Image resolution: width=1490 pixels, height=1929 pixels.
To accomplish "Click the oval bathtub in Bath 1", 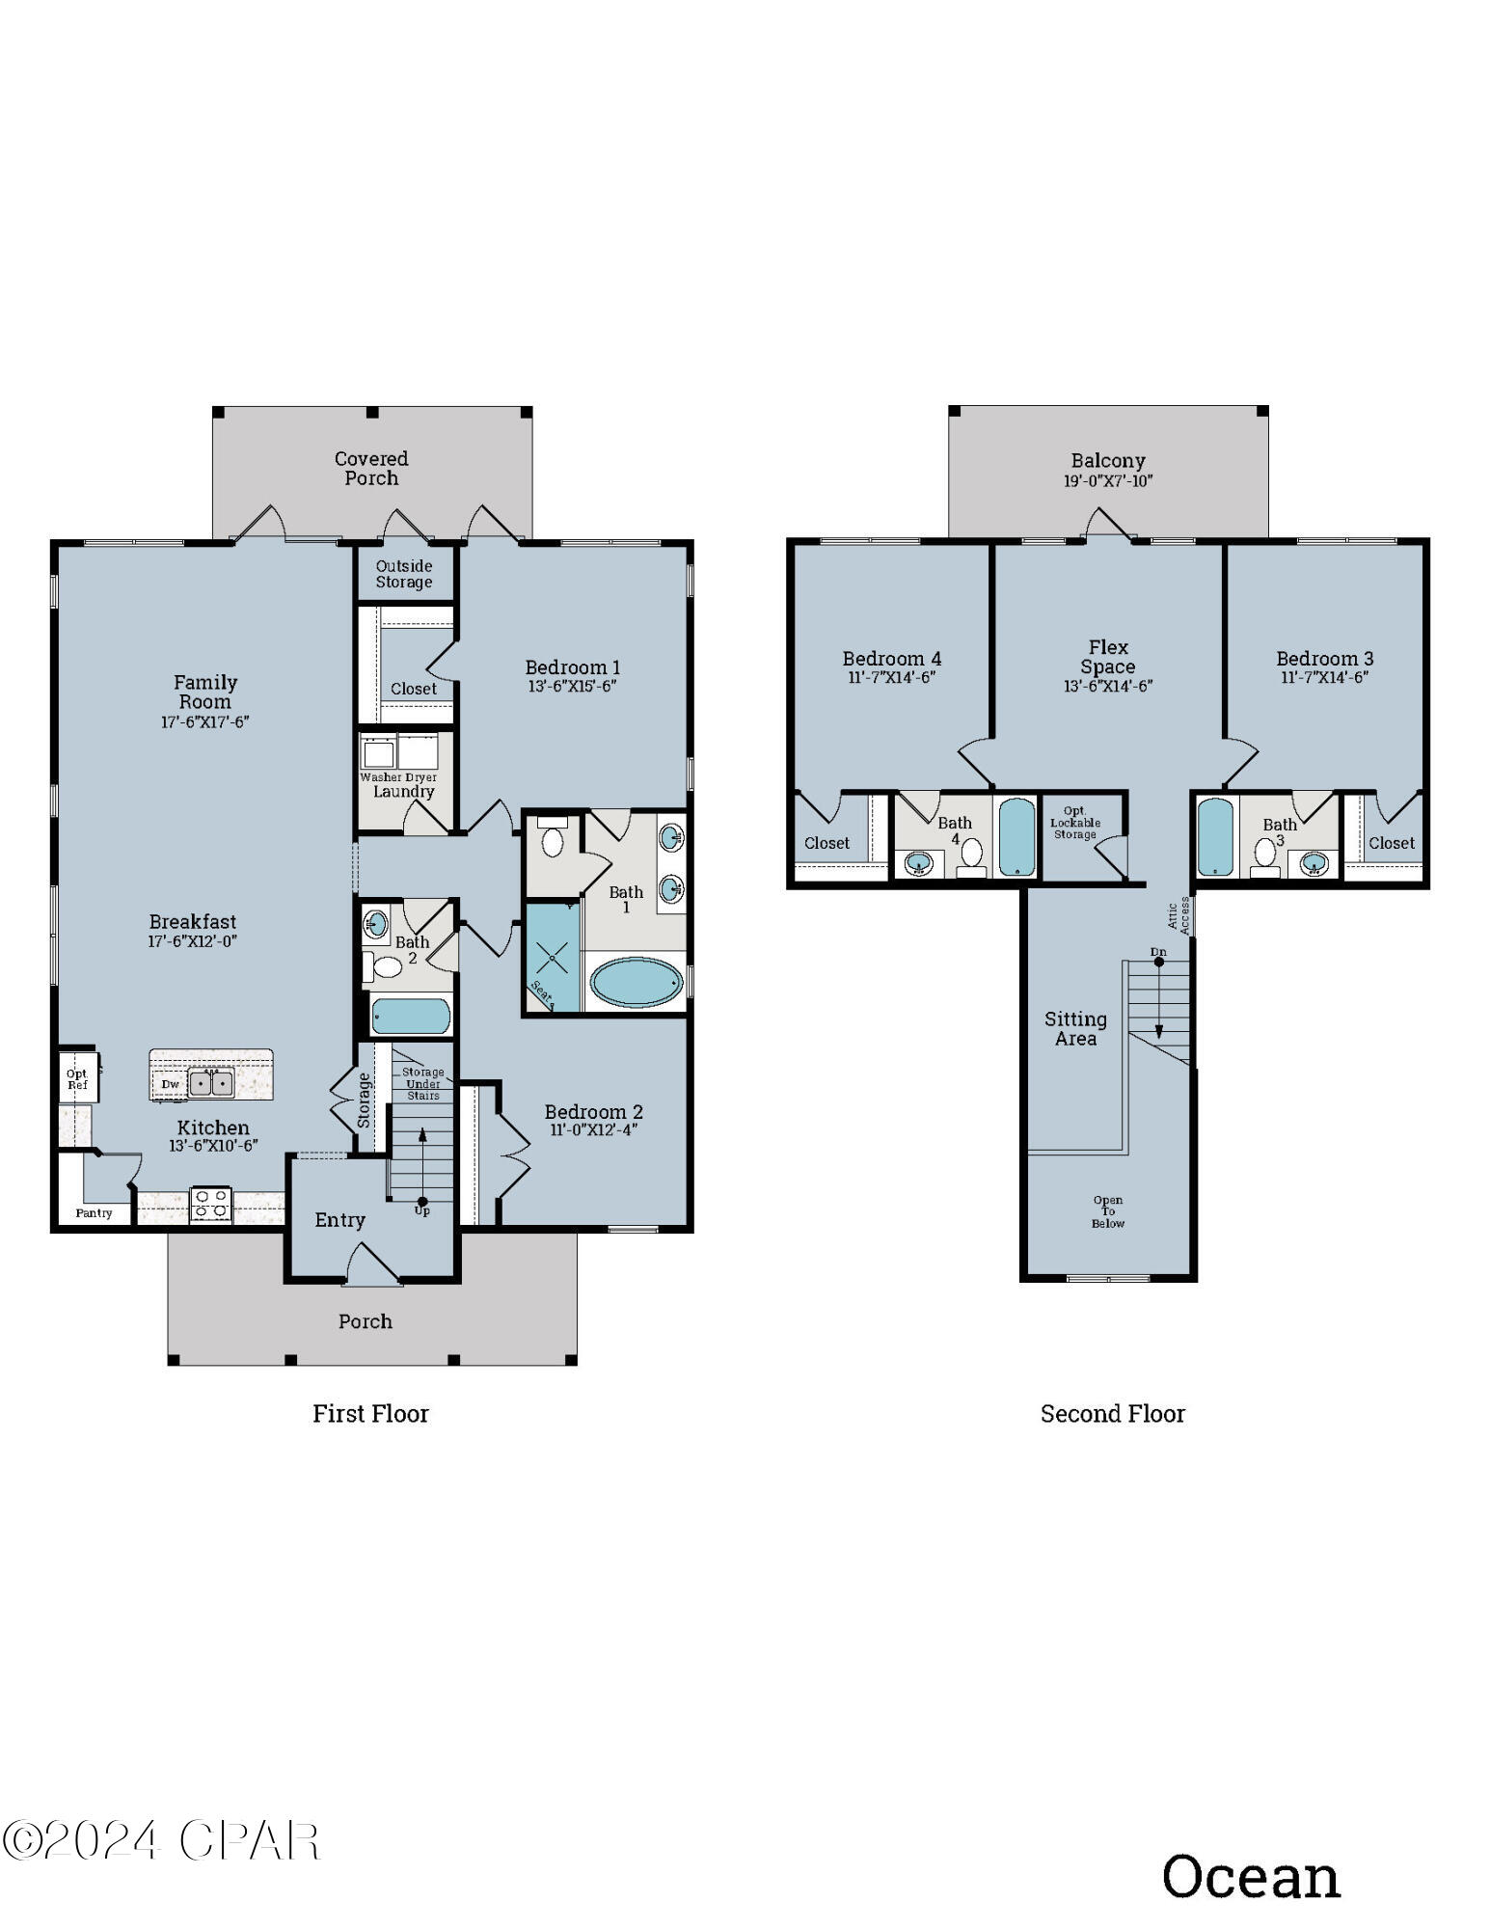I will (x=637, y=983).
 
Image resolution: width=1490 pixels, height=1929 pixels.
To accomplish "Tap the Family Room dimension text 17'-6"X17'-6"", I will (x=204, y=721).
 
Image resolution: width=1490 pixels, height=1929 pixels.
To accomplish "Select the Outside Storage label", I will (x=403, y=574).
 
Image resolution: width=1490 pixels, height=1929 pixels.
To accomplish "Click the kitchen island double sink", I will (x=211, y=1083).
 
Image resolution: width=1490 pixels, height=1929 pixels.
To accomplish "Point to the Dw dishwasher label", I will (x=170, y=1084).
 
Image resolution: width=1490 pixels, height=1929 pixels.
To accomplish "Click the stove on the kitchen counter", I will (x=210, y=1204).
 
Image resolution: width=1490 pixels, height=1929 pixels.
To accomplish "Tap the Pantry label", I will (x=94, y=1213).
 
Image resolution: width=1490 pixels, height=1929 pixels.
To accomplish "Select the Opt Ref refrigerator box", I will (x=77, y=1079).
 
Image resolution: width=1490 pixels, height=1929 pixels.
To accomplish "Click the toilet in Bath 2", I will (x=386, y=966).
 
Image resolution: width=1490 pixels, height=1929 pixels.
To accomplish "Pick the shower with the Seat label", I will (x=553, y=958).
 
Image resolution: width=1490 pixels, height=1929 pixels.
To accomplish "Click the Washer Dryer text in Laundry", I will (x=398, y=776).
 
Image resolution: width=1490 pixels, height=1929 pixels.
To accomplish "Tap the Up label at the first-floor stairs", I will (x=421, y=1210).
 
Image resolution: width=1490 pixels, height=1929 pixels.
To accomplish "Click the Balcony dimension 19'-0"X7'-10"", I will (x=1108, y=481).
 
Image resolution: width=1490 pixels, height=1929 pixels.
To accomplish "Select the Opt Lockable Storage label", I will (x=1074, y=823).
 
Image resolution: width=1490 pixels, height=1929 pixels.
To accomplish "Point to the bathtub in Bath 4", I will (x=1016, y=835).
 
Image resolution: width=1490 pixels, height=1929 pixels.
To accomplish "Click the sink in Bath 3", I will (x=1314, y=863).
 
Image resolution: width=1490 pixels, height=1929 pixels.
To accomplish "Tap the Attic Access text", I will (x=1178, y=914).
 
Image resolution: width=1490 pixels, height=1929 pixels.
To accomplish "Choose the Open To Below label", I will (x=1108, y=1211).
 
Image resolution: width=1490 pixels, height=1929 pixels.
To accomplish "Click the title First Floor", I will (x=370, y=1414).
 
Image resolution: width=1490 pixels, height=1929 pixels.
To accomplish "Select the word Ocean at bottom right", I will (x=1251, y=1877).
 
